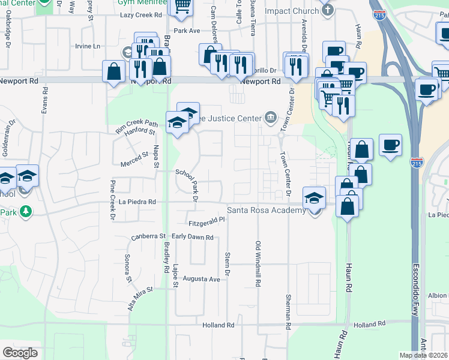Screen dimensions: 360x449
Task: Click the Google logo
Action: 20,353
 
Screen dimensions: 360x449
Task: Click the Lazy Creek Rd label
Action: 141,15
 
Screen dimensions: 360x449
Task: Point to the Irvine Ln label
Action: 88,46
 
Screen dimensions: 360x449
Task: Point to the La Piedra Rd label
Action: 137,203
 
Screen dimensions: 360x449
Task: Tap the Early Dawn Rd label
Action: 193,238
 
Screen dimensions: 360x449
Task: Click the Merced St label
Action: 134,155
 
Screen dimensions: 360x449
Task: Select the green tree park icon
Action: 25,211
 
